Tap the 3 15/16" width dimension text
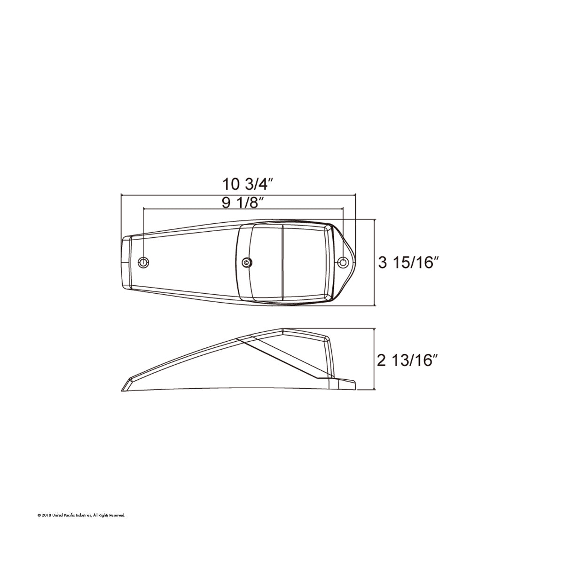408,263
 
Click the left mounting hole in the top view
143,262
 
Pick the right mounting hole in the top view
344,262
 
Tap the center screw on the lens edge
246,262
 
